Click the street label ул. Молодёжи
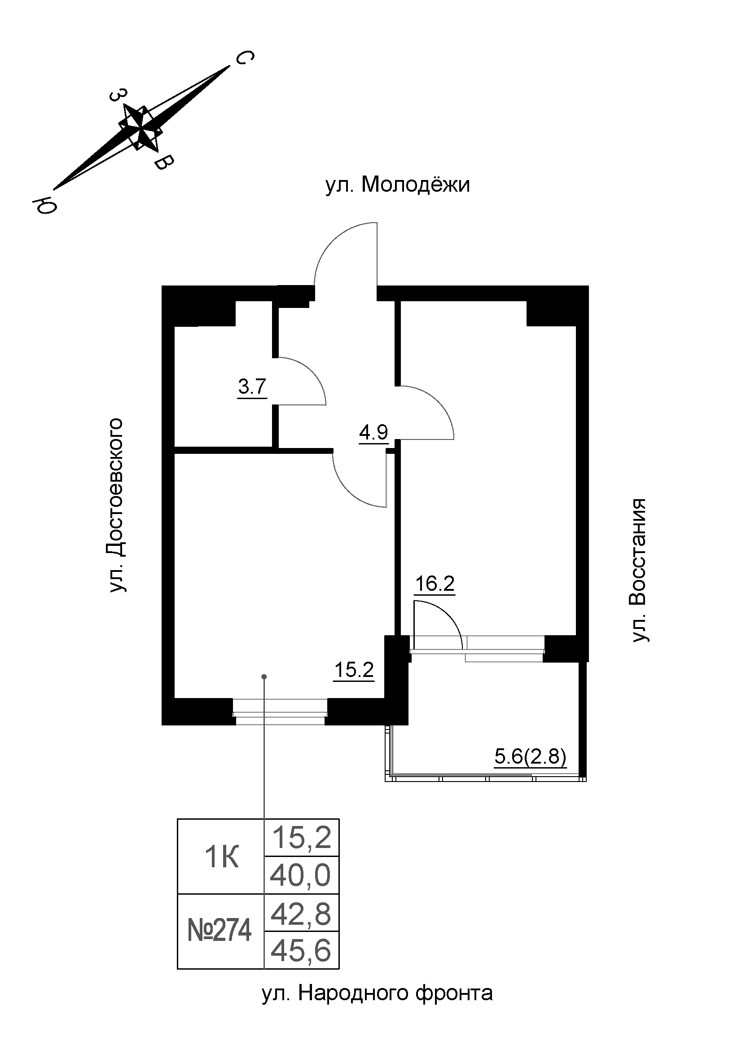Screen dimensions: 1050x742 coord(397,185)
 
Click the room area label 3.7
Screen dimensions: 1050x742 coord(252,387)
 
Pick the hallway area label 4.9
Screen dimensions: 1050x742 coord(373,432)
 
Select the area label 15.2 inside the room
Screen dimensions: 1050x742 coord(354,670)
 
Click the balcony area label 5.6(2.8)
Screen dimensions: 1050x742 coord(530,757)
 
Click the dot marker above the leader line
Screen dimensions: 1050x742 coord(264,677)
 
